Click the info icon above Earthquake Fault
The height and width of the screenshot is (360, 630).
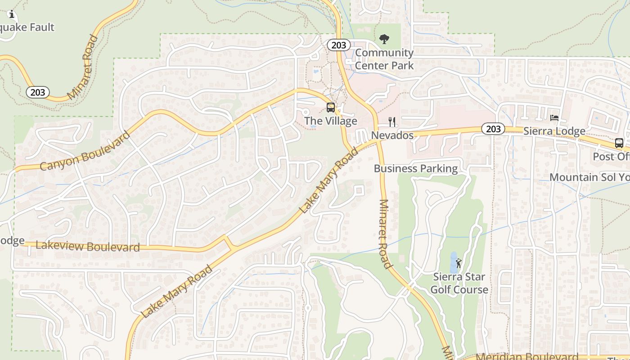pyautogui.click(x=12, y=15)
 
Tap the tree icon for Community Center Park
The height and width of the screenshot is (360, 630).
pyautogui.click(x=384, y=40)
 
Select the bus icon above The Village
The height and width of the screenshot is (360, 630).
pyautogui.click(x=330, y=108)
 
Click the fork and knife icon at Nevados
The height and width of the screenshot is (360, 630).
pyautogui.click(x=392, y=122)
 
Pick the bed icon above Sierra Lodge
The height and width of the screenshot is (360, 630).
pyautogui.click(x=554, y=118)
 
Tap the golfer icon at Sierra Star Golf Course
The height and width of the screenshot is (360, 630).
pyautogui.click(x=459, y=263)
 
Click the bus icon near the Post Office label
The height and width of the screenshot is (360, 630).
pyautogui.click(x=619, y=143)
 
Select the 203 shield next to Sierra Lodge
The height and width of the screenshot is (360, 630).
pyautogui.click(x=493, y=129)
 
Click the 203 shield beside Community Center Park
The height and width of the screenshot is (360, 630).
pyautogui.click(x=338, y=45)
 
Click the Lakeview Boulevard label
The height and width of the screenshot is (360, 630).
pyautogui.click(x=88, y=247)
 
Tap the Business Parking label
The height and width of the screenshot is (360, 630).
pyautogui.click(x=415, y=169)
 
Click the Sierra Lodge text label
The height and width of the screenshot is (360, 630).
pyautogui.click(x=554, y=131)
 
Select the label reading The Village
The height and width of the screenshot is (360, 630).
pyautogui.click(x=330, y=121)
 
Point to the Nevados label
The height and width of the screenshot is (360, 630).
pyautogui.click(x=392, y=135)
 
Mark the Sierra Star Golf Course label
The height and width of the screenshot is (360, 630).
pyautogui.click(x=459, y=283)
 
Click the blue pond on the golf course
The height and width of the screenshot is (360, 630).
pyautogui.click(x=453, y=262)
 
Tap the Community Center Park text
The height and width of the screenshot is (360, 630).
pyautogui.click(x=384, y=59)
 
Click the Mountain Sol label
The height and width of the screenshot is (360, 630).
pyautogui.click(x=589, y=177)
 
